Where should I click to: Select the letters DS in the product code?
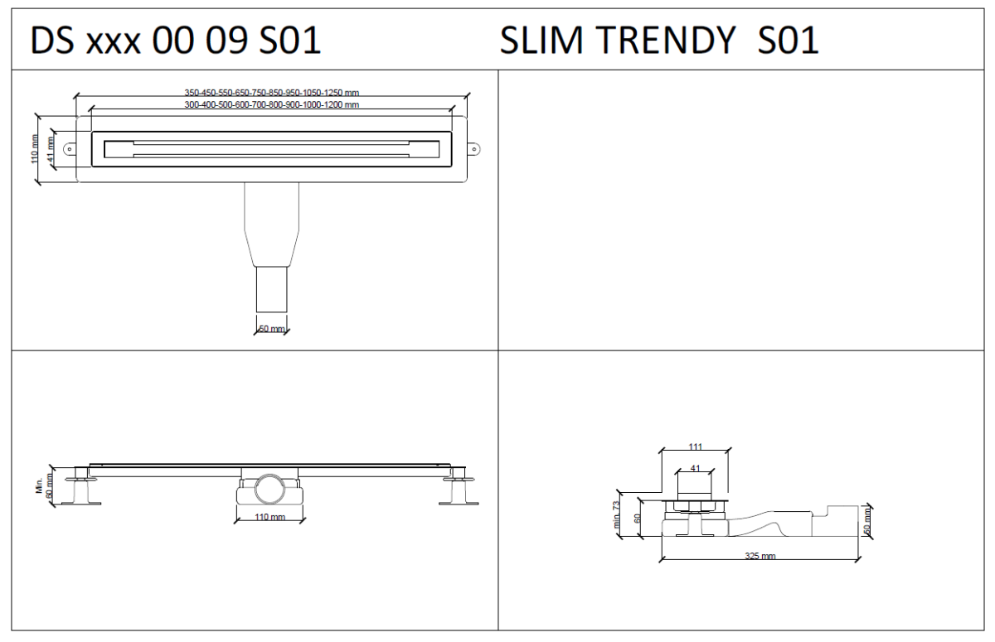point(51,41)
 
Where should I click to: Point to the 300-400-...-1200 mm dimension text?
point(271,105)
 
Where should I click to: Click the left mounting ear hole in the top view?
point(70,150)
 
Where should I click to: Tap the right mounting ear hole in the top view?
point(474,150)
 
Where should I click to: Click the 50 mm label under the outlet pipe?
point(272,329)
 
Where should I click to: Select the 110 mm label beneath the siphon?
point(269,517)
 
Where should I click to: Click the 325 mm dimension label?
point(760,556)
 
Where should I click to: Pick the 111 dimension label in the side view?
point(695,447)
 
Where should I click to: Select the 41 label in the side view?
point(695,468)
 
